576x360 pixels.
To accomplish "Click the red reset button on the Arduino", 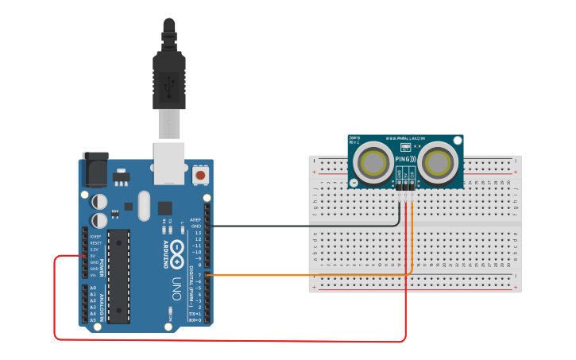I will [x=201, y=174].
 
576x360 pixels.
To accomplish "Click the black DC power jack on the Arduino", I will [x=95, y=169].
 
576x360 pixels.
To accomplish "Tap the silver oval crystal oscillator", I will [x=143, y=206].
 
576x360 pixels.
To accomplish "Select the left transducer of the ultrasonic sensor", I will [x=371, y=161].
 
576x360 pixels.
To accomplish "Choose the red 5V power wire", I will [x=238, y=340].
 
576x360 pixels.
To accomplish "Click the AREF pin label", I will [x=195, y=219].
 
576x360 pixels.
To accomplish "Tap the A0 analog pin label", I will [x=93, y=288].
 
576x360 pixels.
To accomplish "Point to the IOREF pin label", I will [x=95, y=237].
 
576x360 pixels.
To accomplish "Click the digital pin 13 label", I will [x=197, y=233].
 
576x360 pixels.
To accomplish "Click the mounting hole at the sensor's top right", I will [x=456, y=140].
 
